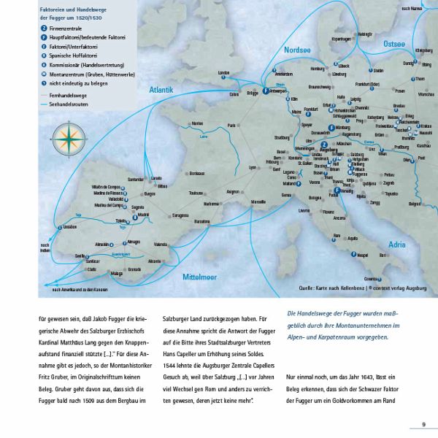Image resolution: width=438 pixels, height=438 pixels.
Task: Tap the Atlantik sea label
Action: [161, 91]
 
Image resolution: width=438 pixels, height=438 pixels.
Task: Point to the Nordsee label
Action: [297, 50]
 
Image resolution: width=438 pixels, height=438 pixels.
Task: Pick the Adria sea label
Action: [396, 244]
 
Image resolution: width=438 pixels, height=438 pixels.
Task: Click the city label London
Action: [223, 72]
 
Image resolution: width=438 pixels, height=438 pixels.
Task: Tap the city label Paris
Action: [232, 125]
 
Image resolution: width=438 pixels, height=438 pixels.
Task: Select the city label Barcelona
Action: [202, 221]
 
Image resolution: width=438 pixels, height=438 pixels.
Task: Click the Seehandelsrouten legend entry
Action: [69, 104]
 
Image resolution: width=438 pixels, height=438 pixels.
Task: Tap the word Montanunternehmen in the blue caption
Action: [388, 324]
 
